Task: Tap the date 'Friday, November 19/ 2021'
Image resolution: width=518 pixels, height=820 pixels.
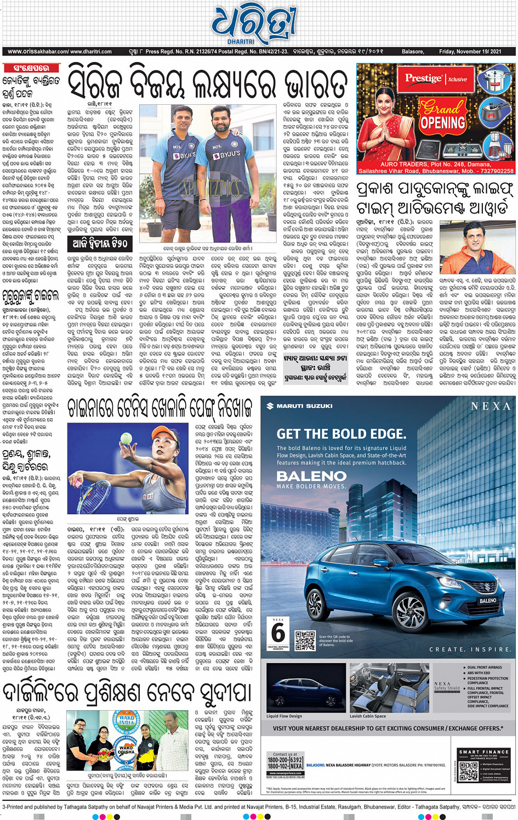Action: click(x=470, y=52)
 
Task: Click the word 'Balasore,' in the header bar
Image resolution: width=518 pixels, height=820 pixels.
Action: click(x=413, y=52)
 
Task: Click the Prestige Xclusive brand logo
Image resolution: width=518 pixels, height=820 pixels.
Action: click(x=436, y=78)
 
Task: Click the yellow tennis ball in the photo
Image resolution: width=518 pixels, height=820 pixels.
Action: click(x=127, y=438)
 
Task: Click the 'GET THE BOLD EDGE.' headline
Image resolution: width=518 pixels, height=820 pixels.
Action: click(x=341, y=434)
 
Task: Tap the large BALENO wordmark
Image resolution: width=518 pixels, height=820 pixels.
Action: click(x=311, y=475)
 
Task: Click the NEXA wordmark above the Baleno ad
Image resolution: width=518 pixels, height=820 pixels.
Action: click(x=491, y=406)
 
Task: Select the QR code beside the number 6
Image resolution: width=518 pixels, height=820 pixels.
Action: click(x=305, y=640)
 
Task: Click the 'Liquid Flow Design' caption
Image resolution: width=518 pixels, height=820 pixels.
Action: click(x=284, y=716)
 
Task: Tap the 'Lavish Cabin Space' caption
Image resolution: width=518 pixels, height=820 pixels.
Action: click(x=368, y=716)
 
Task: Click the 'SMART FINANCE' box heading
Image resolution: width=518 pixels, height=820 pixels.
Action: click(x=483, y=751)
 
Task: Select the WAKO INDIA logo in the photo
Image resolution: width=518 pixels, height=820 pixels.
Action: click(x=127, y=720)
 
